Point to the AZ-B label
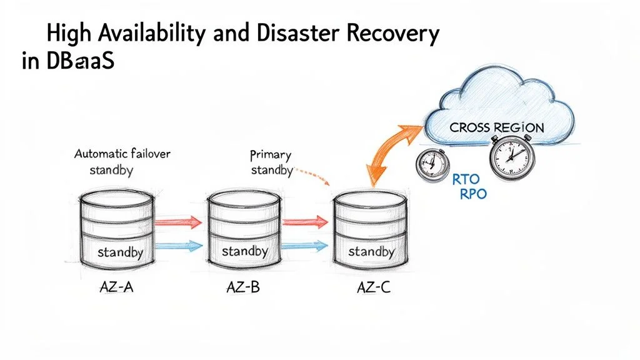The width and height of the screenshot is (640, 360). [x=242, y=289]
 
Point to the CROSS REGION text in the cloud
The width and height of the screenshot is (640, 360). [x=497, y=127]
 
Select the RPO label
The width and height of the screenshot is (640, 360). [x=472, y=194]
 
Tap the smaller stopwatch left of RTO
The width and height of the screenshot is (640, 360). [x=431, y=165]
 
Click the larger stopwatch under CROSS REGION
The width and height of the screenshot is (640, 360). [x=511, y=156]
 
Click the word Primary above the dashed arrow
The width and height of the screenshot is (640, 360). [x=270, y=154]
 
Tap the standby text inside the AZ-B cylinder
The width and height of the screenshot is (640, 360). [x=244, y=251]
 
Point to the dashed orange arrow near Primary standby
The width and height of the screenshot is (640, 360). [x=312, y=174]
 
